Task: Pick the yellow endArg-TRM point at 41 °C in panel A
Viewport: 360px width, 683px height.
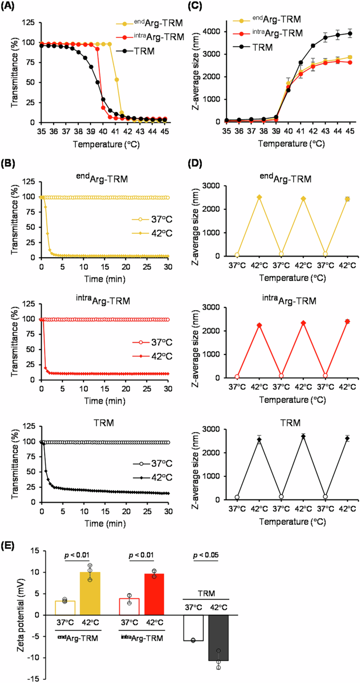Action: (x=116, y=80)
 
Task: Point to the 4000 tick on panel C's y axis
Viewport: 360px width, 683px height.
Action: (x=211, y=32)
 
